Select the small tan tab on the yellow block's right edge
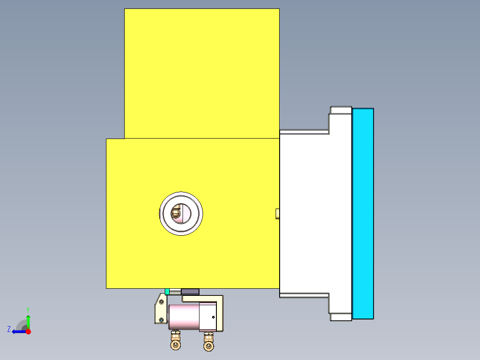click(x=277, y=213)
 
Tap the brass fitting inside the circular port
click(x=177, y=213)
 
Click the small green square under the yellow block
click(x=167, y=291)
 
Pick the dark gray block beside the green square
click(x=190, y=291)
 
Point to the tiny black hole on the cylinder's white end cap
click(x=213, y=317)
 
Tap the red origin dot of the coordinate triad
click(x=28, y=331)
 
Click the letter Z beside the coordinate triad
click(x=9, y=329)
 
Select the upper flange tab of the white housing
click(x=341, y=110)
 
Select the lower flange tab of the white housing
click(x=341, y=317)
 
